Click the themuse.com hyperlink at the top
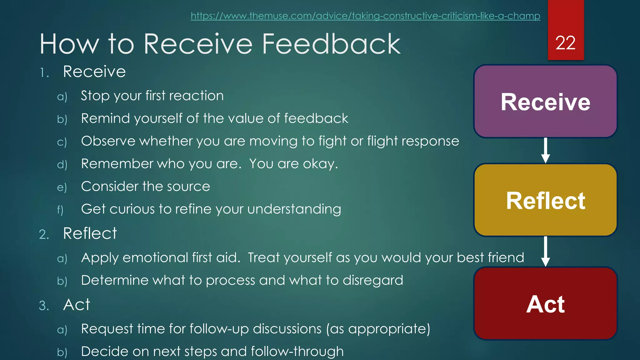coord(365,16)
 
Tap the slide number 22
coord(565,43)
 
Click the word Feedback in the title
coord(331,44)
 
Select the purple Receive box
coord(545,102)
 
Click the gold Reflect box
coord(545,200)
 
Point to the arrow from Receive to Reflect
coord(545,151)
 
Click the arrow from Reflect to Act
coord(545,252)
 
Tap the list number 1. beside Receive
coord(44,73)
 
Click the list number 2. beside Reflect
coord(44,235)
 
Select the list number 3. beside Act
coord(44,306)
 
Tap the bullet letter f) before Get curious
coord(60,210)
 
